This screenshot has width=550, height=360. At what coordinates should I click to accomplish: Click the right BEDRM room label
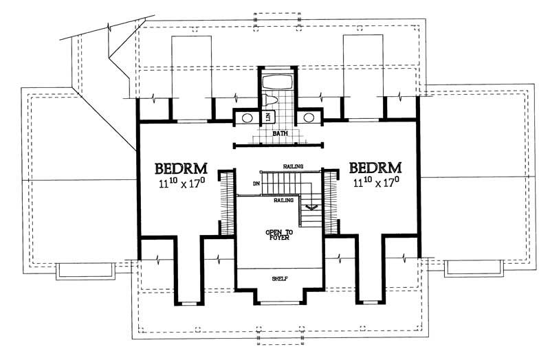376,168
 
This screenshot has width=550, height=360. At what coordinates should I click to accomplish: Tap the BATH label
278,134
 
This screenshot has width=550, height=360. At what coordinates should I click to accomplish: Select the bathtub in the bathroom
278,82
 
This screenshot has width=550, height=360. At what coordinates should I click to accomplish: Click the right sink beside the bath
309,117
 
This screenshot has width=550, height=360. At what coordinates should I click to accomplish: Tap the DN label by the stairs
256,183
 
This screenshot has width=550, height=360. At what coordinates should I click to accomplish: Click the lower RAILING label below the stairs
285,200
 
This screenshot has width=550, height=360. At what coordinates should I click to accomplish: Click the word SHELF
279,278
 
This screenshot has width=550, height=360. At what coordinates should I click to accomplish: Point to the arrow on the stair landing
311,205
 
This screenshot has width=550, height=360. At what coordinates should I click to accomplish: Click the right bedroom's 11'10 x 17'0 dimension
376,183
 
